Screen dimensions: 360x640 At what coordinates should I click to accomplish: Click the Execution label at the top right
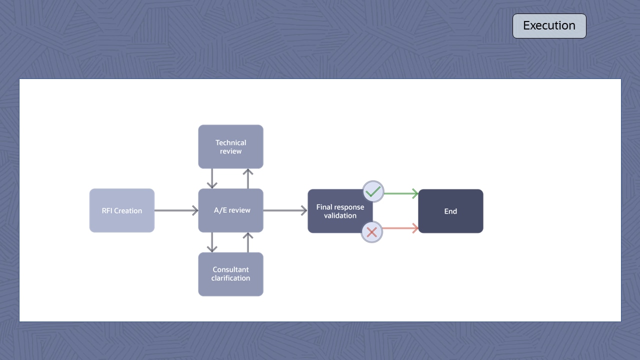(x=549, y=26)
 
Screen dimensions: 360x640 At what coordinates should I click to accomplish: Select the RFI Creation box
(x=122, y=210)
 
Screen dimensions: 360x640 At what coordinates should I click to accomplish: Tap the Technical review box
(x=230, y=146)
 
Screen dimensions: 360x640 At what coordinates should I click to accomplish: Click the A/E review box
(x=230, y=210)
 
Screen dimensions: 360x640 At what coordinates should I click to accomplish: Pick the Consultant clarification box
(x=230, y=274)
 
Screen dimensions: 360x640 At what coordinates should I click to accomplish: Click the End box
(x=450, y=211)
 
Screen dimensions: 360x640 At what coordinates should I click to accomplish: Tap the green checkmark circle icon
(x=373, y=191)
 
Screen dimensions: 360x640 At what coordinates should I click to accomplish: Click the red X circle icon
(x=371, y=232)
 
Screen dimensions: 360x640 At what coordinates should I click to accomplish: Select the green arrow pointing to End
(x=401, y=193)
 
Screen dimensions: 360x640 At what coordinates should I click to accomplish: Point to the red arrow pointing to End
(x=401, y=228)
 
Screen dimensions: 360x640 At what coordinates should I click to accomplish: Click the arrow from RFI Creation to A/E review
(x=176, y=210)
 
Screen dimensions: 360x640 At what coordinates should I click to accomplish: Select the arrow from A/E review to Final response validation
(x=285, y=210)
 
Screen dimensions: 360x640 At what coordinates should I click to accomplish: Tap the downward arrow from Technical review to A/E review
(x=212, y=178)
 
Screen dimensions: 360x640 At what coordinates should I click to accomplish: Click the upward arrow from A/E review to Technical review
(x=248, y=178)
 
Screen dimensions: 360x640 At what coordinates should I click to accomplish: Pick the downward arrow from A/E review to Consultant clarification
(x=212, y=242)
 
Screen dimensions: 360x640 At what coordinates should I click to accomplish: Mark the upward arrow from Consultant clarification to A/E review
(x=248, y=242)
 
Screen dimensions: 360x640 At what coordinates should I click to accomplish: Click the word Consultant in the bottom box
(x=230, y=269)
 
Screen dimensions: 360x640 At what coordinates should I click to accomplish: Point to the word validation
(x=340, y=215)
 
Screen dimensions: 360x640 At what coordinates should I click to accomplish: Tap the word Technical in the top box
(x=230, y=142)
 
